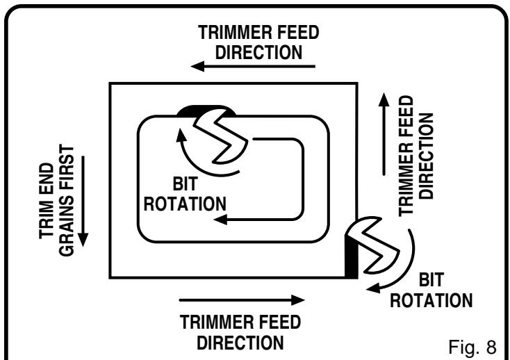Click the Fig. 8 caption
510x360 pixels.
[x=472, y=347]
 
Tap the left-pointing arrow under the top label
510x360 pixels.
[x=253, y=66]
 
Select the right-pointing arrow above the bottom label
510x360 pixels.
[x=242, y=300]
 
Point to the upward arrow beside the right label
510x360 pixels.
[x=384, y=134]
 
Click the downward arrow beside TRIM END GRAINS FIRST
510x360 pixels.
[x=83, y=201]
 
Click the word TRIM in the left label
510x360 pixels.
[x=47, y=222]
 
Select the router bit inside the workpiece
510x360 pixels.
[x=221, y=136]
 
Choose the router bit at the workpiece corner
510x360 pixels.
[x=372, y=245]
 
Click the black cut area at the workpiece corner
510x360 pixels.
[x=352, y=259]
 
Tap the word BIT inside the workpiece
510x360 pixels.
[x=185, y=184]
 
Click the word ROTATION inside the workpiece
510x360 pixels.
[x=185, y=204]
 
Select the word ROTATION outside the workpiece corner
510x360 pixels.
[x=431, y=300]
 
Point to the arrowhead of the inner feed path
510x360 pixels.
[x=220, y=220]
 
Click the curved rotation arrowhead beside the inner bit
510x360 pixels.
[x=181, y=135]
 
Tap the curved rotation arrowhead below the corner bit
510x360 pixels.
[x=373, y=288]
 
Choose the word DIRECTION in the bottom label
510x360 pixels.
[x=240, y=343]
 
